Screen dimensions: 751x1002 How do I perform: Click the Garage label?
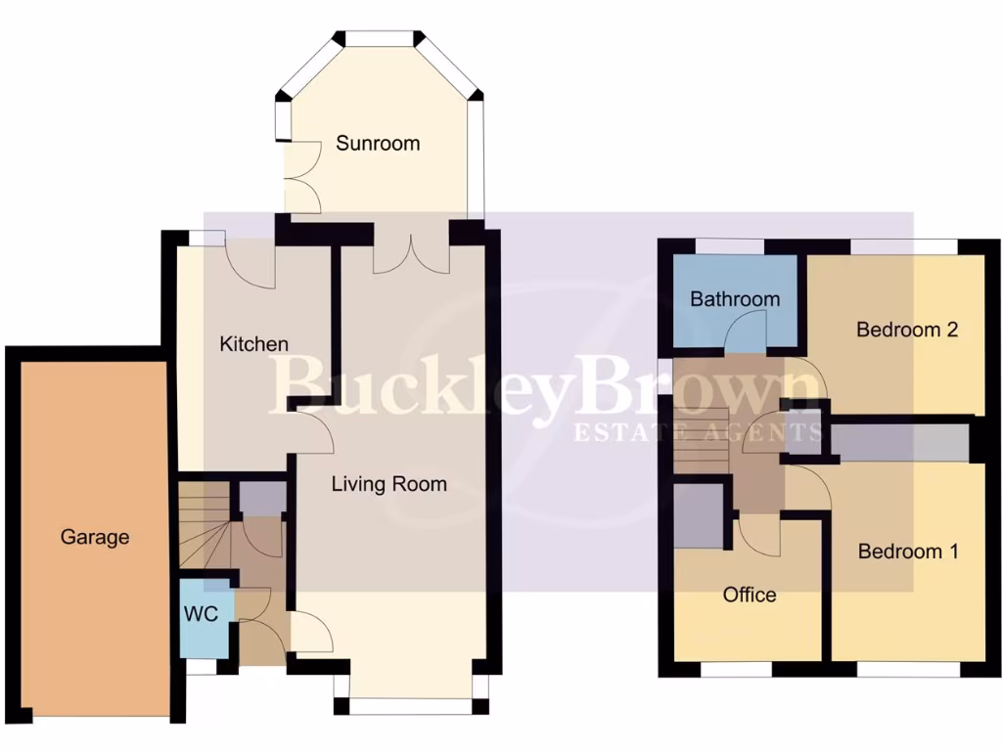95,537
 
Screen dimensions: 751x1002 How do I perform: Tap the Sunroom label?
378,143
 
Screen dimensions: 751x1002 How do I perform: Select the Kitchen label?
253,344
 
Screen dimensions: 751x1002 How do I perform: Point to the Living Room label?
388,483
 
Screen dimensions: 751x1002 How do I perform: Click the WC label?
205,614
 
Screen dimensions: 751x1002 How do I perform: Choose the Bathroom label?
735,299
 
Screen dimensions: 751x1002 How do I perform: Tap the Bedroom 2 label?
906,330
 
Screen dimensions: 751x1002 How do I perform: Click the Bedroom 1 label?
907,552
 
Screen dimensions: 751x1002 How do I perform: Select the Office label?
750,595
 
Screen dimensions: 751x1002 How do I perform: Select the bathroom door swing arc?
736,338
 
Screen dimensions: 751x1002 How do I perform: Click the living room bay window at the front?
410,705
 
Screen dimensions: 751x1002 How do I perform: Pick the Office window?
736,670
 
